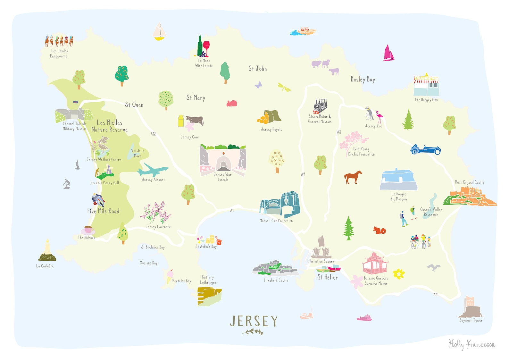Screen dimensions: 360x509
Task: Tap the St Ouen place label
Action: tap(134, 105)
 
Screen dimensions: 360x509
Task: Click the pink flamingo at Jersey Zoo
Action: tap(380, 116)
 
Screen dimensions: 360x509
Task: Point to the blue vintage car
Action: tap(425, 149)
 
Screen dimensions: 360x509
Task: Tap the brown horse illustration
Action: tap(353, 177)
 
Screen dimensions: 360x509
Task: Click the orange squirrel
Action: tap(380, 230)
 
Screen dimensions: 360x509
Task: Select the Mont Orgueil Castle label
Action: tap(469, 182)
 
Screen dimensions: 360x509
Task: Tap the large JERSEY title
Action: tap(254, 321)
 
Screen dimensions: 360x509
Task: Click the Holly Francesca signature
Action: tap(471, 345)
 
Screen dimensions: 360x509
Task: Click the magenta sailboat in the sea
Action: tap(388, 53)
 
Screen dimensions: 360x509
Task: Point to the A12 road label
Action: tap(153, 134)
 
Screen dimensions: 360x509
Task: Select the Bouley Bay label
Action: tap(363, 80)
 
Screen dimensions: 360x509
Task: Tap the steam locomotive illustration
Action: tap(320, 106)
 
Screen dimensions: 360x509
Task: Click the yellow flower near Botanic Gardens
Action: tap(399, 274)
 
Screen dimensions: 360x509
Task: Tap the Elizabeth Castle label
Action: tap(276, 280)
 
